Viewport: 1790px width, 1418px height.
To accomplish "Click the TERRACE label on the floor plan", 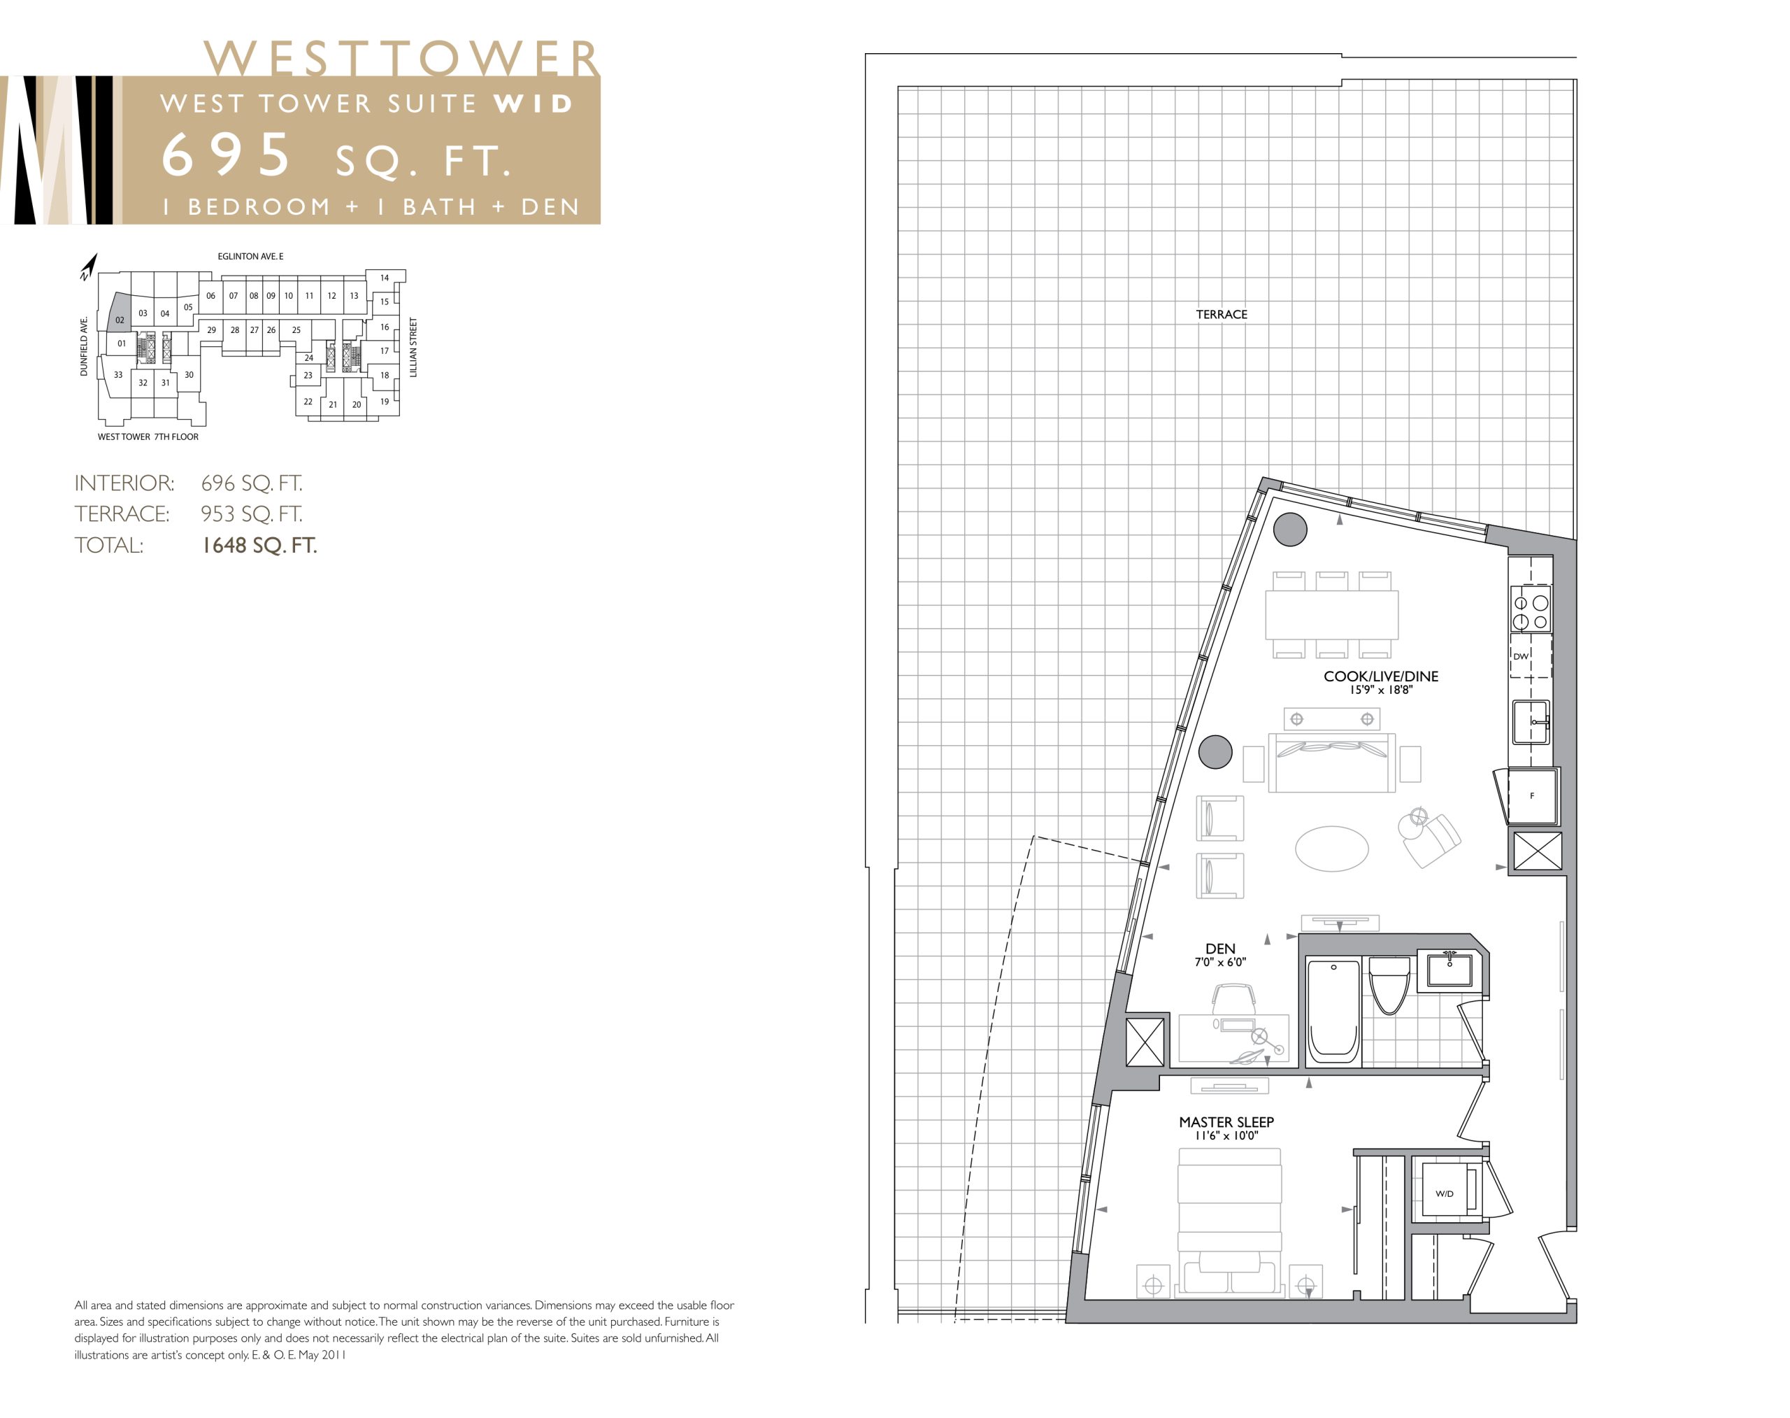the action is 1221,315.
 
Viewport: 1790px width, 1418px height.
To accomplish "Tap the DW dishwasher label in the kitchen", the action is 1520,657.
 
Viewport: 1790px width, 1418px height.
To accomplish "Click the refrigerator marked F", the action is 1532,795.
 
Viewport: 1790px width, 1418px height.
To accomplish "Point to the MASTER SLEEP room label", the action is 1226,1121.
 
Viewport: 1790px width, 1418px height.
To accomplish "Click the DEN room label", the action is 1220,948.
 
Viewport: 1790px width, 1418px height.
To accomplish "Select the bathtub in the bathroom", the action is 1333,1011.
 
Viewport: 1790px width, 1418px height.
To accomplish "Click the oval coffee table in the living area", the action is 1331,849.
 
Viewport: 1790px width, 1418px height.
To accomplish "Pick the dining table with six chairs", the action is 1331,614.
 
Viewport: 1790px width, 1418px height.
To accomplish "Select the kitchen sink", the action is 1531,721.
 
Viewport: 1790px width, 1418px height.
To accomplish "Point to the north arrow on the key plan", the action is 89,267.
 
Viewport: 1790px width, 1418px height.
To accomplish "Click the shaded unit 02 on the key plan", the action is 120,314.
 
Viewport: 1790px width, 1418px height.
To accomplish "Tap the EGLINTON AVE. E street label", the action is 250,257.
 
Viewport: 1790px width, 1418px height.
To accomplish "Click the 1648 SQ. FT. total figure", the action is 259,546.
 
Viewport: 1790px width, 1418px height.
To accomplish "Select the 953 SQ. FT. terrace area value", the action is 252,514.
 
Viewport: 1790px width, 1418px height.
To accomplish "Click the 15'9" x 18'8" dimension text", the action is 1380,690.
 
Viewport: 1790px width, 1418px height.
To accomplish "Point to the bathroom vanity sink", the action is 1449,970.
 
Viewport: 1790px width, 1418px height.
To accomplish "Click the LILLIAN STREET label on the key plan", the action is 413,347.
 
